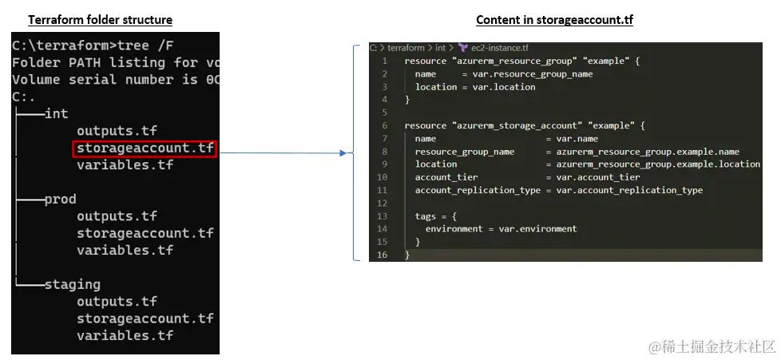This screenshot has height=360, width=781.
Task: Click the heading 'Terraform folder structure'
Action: pos(100,20)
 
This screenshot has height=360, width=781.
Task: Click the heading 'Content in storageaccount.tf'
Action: pos(554,20)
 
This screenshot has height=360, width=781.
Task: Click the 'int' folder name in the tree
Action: pos(56,114)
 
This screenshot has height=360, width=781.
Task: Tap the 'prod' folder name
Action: pos(60,200)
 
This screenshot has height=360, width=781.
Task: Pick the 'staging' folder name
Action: pos(73,285)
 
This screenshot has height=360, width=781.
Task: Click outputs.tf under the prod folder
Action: pos(117,216)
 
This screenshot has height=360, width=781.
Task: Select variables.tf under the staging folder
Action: pos(125,335)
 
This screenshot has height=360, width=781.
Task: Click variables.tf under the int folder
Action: pos(125,165)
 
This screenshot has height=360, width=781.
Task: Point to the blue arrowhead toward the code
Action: pos(343,153)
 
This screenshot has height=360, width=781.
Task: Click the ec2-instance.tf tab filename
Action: pos(500,49)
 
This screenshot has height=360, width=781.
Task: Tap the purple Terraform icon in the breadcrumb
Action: pos(462,49)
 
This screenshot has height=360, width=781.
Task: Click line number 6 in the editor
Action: pos(385,126)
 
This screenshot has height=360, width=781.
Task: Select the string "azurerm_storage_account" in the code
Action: pos(490,126)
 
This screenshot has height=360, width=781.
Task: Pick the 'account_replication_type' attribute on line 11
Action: pos(478,190)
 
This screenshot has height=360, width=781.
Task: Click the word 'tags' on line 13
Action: pos(425,216)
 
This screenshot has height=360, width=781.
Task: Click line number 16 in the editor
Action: pos(383,255)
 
